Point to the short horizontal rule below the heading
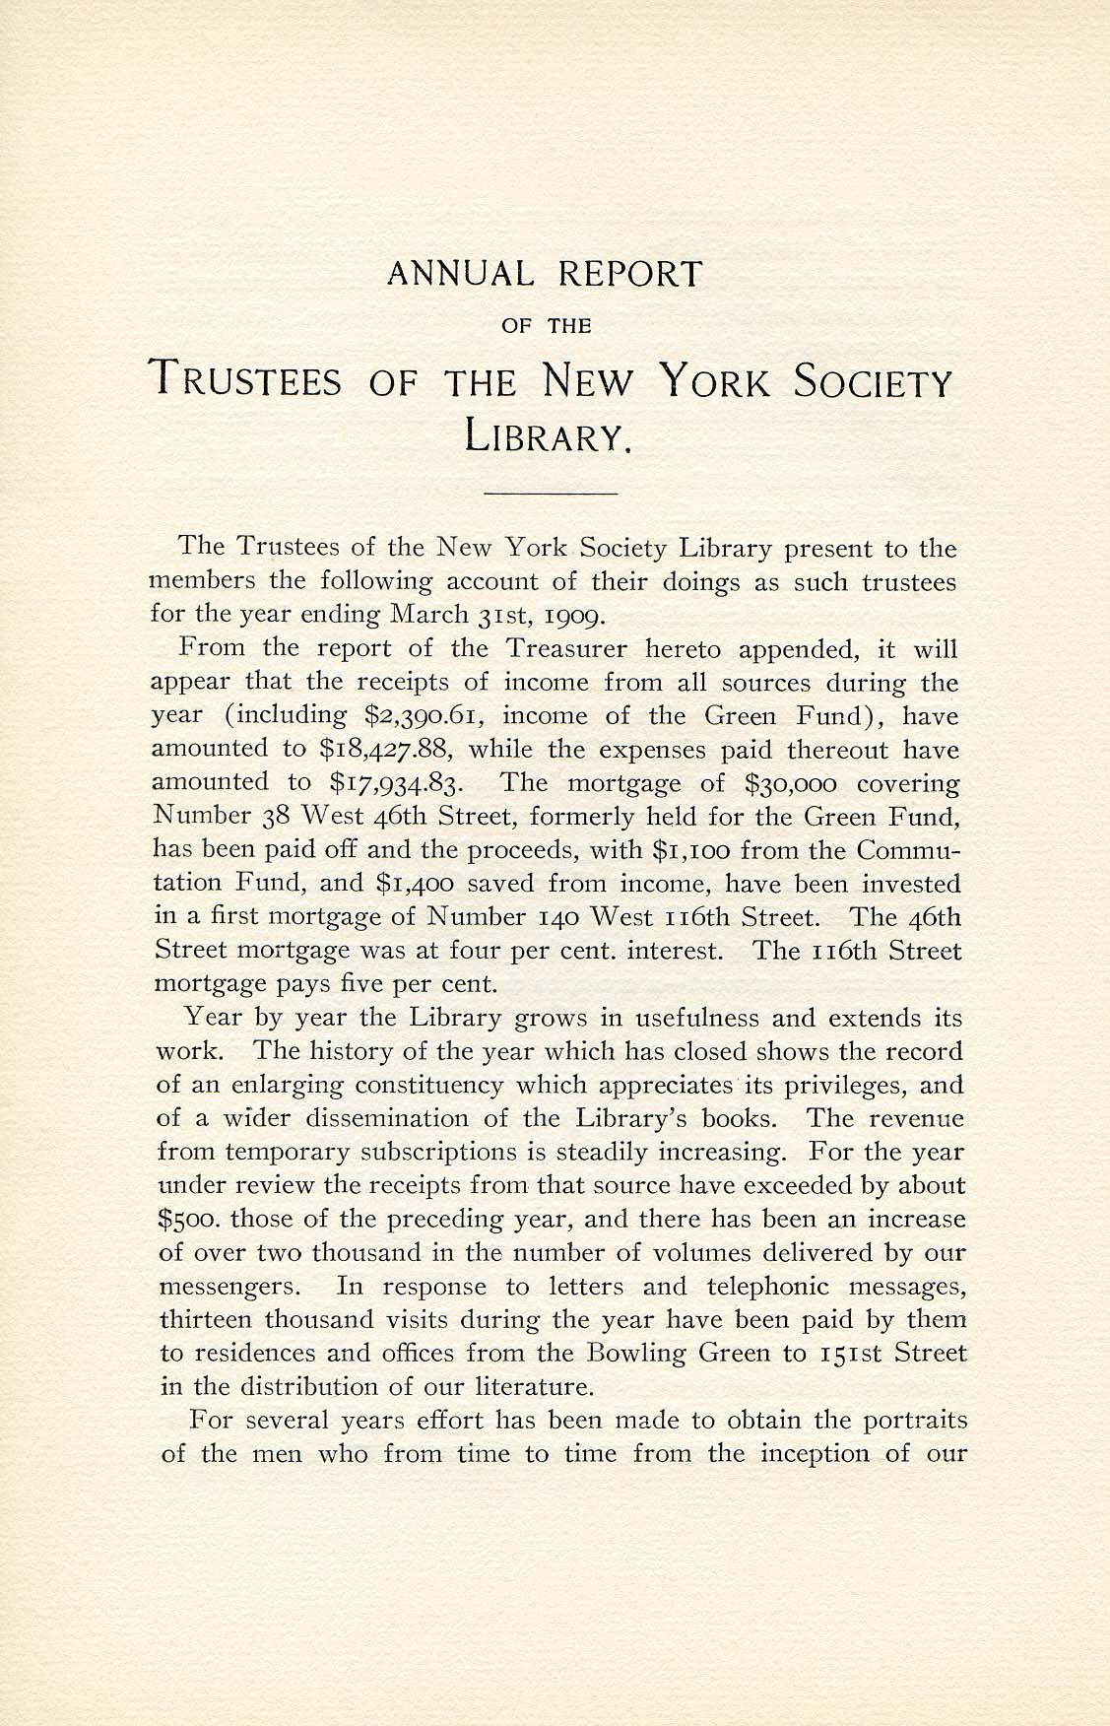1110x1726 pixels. [552, 491]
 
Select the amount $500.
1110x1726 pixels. [193, 1221]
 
